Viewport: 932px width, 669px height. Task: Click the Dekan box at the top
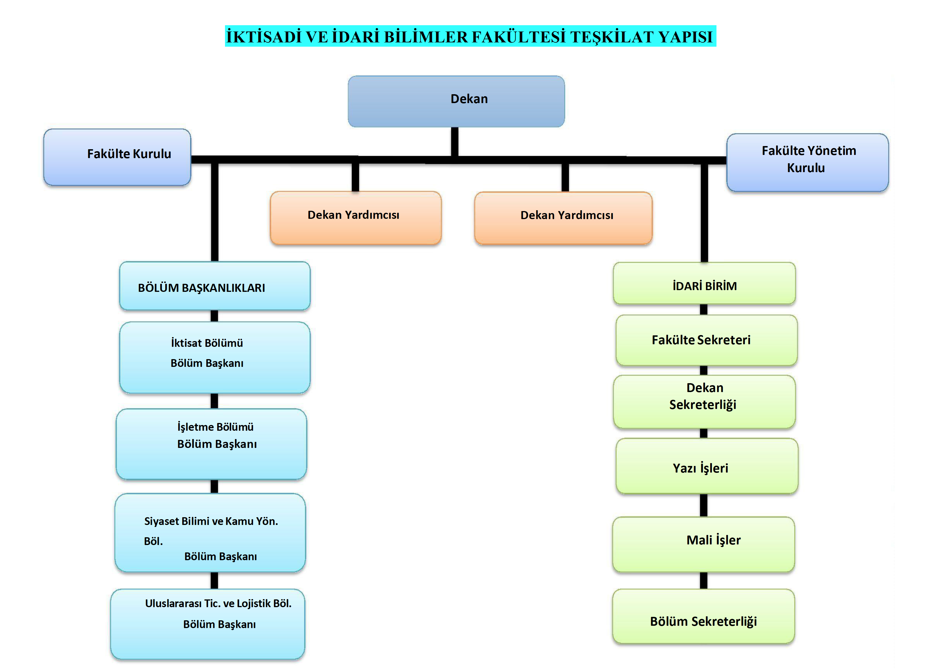pos(456,101)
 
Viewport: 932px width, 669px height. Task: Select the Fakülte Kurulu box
pos(117,157)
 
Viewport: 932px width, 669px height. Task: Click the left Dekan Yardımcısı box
pos(355,217)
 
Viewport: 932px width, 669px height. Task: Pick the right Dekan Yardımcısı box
pos(563,218)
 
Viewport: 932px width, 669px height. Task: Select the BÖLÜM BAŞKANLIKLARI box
pos(214,286)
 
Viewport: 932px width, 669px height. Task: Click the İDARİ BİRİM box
pos(704,283)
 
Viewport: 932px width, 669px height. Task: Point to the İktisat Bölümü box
pos(214,357)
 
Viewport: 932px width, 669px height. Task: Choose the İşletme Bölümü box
pos(211,444)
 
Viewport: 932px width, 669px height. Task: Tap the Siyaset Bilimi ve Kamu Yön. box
pos(210,533)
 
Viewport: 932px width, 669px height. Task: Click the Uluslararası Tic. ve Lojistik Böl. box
pos(207,624)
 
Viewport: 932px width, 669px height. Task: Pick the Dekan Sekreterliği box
pos(704,401)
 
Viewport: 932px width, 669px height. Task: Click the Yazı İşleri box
pos(706,466)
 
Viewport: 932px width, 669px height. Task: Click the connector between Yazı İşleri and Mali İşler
pos(704,505)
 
